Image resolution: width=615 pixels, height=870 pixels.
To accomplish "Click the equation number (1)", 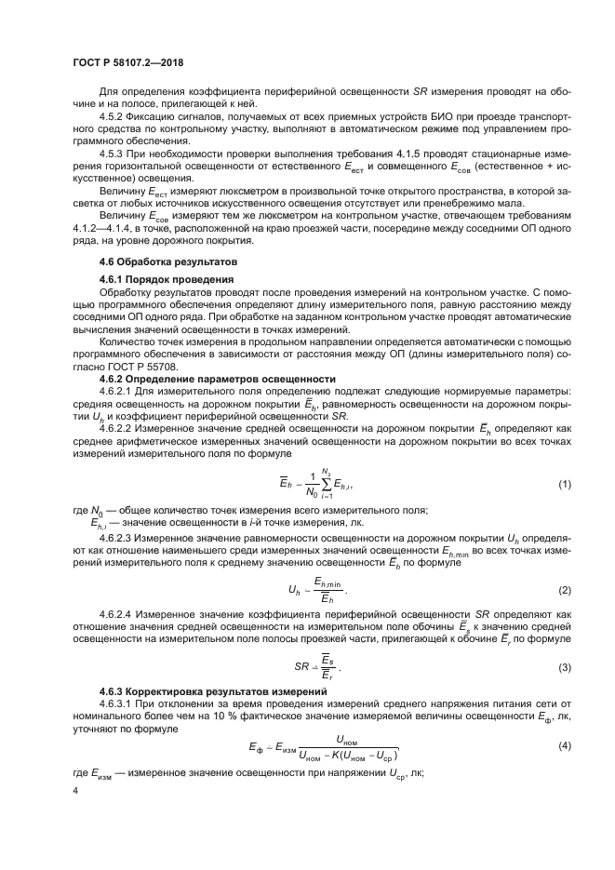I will (x=564, y=486).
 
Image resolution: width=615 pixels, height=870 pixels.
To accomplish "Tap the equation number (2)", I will (x=564, y=590).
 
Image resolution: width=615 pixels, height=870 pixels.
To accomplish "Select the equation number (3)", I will (x=564, y=668).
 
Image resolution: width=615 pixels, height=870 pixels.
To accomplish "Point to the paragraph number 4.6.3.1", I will (x=118, y=706).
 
